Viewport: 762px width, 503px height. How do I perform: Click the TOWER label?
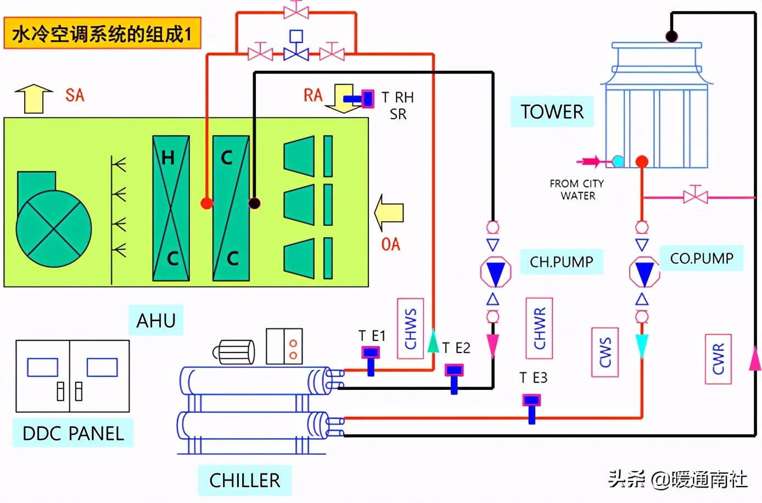point(552,112)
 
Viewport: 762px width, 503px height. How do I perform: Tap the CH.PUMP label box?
point(561,262)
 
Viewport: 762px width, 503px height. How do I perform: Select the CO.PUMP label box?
point(701,259)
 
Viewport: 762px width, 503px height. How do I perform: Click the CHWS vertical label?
point(410,328)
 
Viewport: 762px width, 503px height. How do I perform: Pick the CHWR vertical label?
point(539,328)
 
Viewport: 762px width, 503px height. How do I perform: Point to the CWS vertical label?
point(605,352)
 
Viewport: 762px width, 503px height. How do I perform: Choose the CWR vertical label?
point(718,359)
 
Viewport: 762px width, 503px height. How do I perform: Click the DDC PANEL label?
point(73,433)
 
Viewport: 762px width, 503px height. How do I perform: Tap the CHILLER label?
point(244,480)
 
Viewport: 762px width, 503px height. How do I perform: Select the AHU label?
point(156,321)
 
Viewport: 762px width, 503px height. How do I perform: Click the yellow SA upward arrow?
point(33,98)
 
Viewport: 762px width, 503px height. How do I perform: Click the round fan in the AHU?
point(53,228)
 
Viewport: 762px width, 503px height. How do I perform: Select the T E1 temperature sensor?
point(371,359)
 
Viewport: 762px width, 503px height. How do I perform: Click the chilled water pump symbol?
point(495,272)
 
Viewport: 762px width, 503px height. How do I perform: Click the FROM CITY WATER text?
point(576,189)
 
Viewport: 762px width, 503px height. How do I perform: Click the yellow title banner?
point(102,33)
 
